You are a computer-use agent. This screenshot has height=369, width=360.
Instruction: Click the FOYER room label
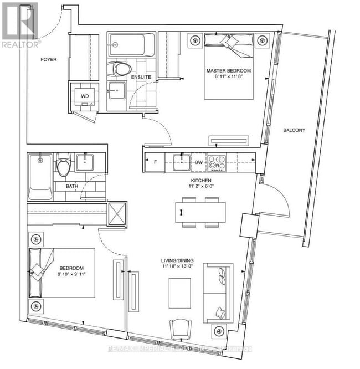(x=49, y=59)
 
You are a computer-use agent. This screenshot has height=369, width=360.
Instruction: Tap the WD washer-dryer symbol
(x=85, y=95)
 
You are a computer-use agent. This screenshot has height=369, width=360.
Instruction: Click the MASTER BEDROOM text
(x=228, y=71)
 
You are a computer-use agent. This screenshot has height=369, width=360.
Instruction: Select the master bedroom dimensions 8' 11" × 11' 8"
(x=228, y=79)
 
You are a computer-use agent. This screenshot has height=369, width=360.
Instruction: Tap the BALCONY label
(x=294, y=130)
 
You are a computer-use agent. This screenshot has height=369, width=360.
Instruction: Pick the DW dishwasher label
(x=198, y=162)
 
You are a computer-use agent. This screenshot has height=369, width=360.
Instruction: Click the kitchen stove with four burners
(x=219, y=162)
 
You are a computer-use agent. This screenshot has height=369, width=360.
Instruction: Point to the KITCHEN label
(x=199, y=181)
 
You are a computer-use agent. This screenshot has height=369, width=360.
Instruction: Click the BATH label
(x=72, y=186)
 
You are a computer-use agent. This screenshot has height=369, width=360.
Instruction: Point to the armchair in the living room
(x=181, y=331)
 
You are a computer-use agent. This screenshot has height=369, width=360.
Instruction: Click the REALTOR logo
(x=21, y=24)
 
